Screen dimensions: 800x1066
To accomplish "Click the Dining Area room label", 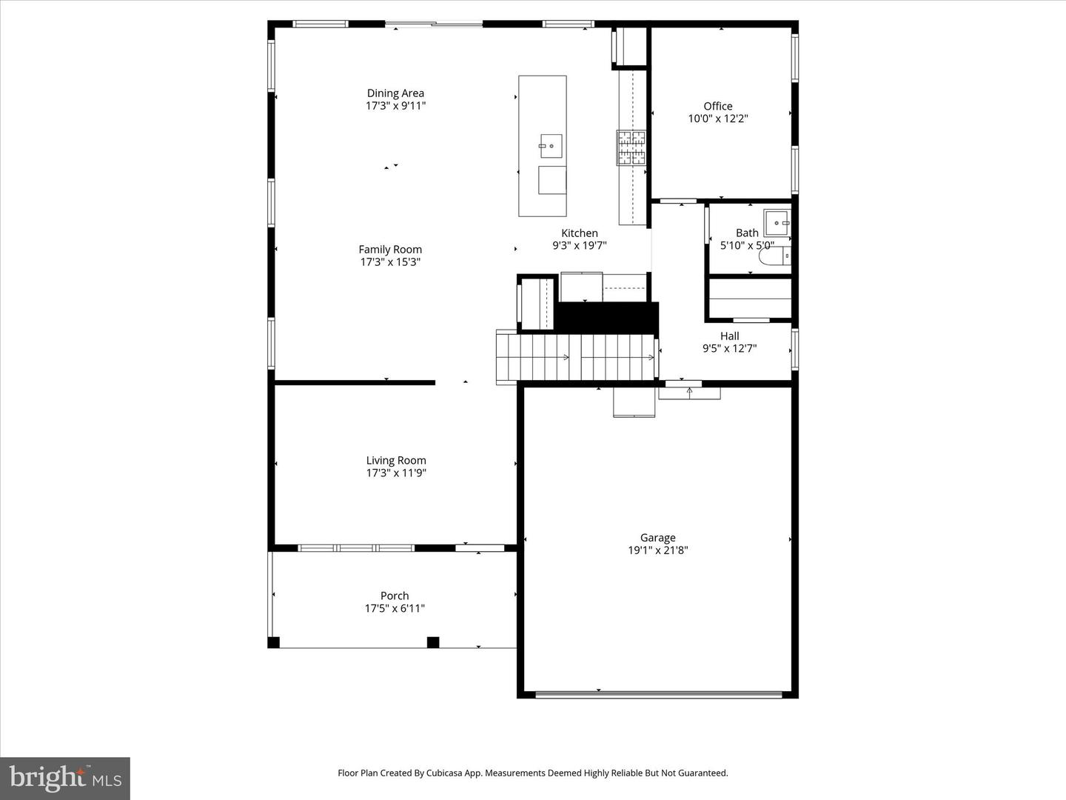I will click(395, 93).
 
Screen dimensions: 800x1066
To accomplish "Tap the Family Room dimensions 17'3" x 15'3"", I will click(390, 262).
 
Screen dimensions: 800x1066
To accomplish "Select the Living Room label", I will click(396, 460).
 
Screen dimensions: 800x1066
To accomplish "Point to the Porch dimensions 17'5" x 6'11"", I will click(395, 609).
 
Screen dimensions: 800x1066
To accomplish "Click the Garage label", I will click(657, 538).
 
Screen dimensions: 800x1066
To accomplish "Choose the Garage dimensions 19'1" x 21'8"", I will click(657, 550).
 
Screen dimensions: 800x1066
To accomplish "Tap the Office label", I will click(717, 106).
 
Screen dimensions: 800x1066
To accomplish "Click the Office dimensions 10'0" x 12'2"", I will click(717, 119).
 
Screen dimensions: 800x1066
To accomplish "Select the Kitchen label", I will click(579, 233).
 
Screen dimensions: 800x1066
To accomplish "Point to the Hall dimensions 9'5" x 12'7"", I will click(729, 348).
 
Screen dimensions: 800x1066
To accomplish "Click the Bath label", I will click(747, 233).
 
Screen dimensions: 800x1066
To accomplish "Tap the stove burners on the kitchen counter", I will click(631, 147).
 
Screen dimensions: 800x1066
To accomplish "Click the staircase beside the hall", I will click(576, 357).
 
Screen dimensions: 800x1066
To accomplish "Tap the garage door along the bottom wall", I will click(658, 694).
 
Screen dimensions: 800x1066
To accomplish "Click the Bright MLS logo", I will click(65, 778).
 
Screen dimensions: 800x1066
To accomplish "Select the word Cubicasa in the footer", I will click(451, 773).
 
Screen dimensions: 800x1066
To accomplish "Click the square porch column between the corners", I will click(433, 642).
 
